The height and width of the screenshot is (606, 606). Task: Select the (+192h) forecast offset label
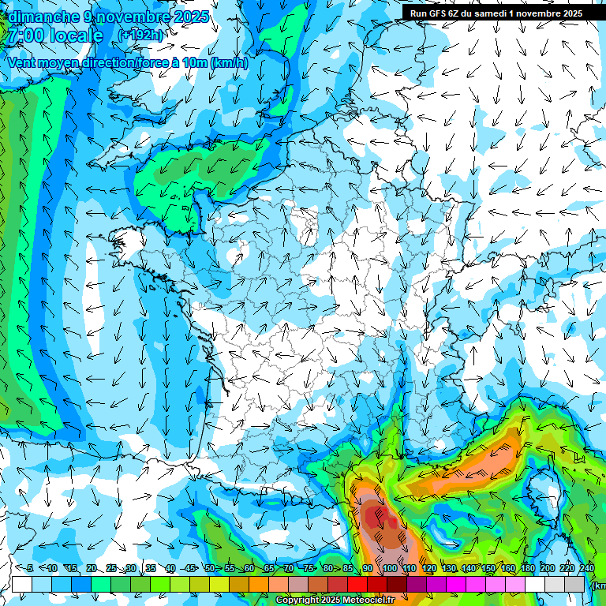point(140,36)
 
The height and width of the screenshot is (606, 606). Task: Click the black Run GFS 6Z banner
point(496,13)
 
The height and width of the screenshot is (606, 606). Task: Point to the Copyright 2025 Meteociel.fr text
point(335,600)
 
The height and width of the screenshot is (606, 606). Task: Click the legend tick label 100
point(389,569)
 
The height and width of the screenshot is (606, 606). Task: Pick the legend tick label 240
point(587,569)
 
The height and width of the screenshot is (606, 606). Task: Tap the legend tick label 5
point(30,569)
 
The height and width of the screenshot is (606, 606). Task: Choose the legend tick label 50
point(210,569)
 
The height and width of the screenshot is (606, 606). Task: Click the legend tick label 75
point(309,569)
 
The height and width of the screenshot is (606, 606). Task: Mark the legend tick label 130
point(449,569)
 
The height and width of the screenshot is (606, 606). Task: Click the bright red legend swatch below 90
point(358,584)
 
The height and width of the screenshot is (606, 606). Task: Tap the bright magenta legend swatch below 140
point(457,584)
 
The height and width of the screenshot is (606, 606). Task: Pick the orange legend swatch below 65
point(259,584)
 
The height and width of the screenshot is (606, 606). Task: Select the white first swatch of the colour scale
point(22,584)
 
